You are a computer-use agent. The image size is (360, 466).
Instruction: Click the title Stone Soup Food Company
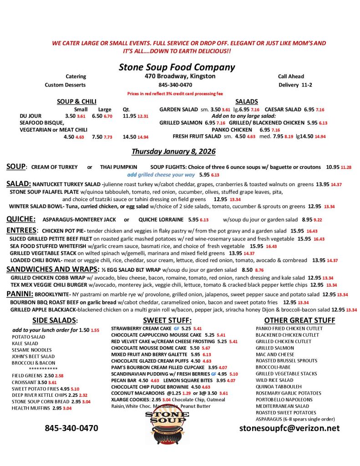click(177, 67)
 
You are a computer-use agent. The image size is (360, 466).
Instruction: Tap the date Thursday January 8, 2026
click(173, 151)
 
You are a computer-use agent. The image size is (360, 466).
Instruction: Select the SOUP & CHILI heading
click(76, 101)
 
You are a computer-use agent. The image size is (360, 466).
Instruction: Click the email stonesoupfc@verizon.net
click(289, 428)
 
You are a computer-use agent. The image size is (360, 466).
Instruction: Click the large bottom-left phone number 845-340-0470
click(71, 428)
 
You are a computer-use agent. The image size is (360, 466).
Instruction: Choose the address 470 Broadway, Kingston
click(180, 76)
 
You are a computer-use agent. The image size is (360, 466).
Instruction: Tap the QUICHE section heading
click(21, 218)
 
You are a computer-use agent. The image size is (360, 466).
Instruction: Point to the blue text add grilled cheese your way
click(161, 174)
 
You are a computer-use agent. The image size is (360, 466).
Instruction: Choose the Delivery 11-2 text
click(295, 85)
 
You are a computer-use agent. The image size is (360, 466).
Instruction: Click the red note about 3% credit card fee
click(175, 93)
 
